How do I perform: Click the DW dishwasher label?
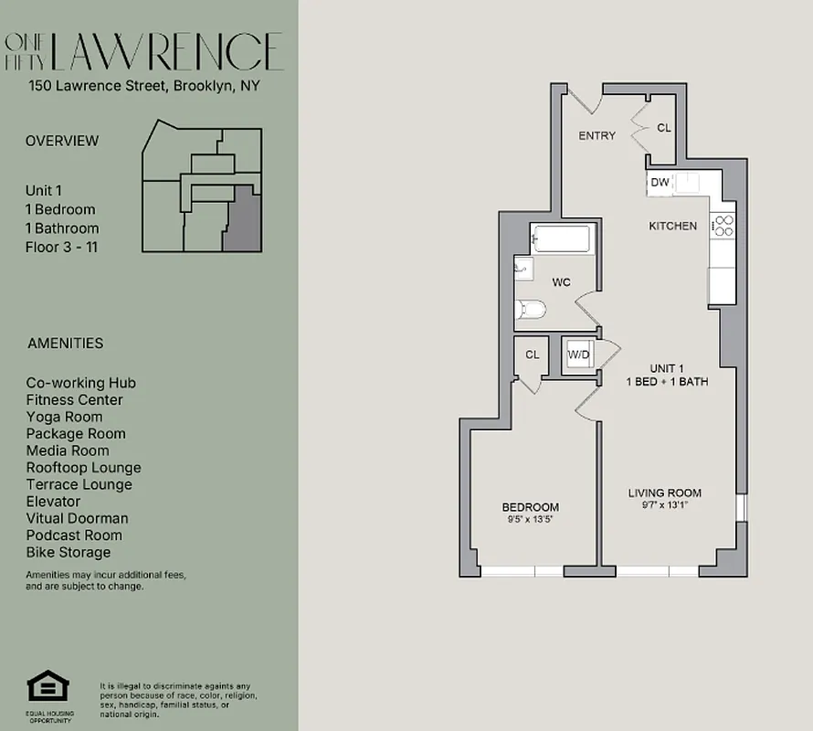click(660, 183)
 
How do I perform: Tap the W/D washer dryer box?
click(578, 355)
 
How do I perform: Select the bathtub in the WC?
click(562, 240)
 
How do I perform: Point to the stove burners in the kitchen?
click(723, 225)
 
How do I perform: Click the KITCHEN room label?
click(672, 226)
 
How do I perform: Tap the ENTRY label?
click(597, 135)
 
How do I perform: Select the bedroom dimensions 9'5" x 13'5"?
click(530, 520)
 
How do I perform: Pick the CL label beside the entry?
click(664, 128)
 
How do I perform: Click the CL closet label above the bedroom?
click(532, 355)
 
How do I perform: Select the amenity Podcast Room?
click(74, 535)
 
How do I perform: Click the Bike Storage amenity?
click(69, 552)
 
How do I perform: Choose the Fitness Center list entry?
click(74, 399)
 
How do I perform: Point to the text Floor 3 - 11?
click(61, 247)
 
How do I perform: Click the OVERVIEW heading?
click(62, 141)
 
